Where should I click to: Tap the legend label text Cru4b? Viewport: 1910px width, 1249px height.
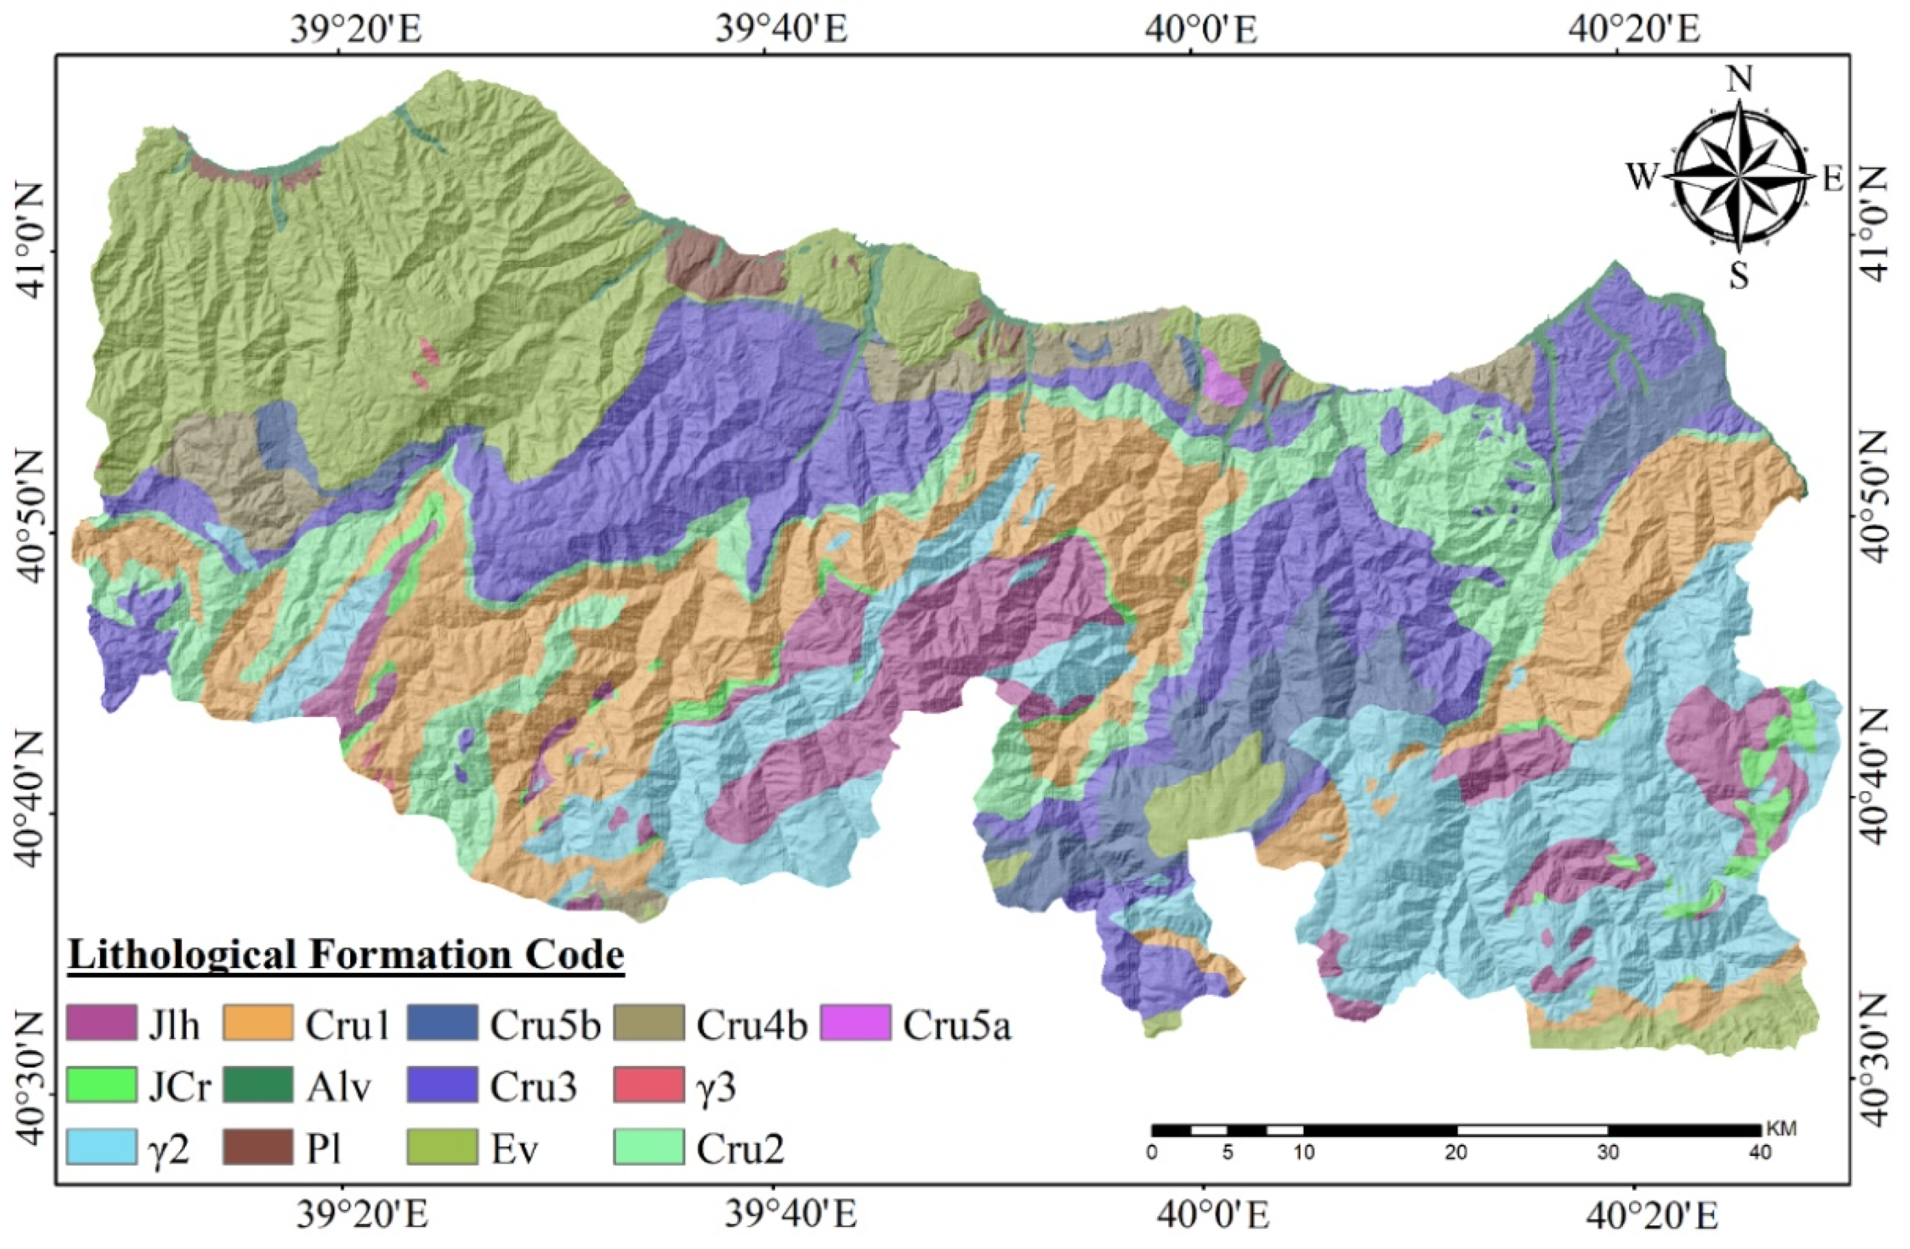[x=751, y=1025]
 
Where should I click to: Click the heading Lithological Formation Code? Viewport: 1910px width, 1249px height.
[x=346, y=955]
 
